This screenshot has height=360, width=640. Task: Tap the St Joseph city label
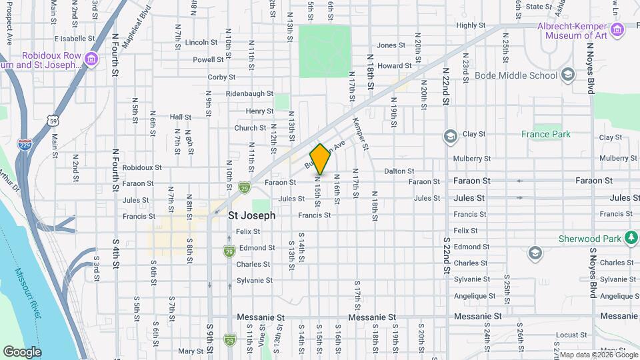(252, 216)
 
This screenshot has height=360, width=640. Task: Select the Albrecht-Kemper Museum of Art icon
(617, 30)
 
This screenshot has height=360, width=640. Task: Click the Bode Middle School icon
(567, 75)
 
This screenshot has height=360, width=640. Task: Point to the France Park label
(551, 134)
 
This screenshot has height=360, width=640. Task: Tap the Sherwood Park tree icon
(631, 238)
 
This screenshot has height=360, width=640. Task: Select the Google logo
(22, 351)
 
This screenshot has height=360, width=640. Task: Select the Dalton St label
(399, 171)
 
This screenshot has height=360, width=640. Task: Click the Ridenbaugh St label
(250, 94)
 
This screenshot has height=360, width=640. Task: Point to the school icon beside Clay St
(450, 136)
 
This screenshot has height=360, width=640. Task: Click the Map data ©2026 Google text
(597, 354)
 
